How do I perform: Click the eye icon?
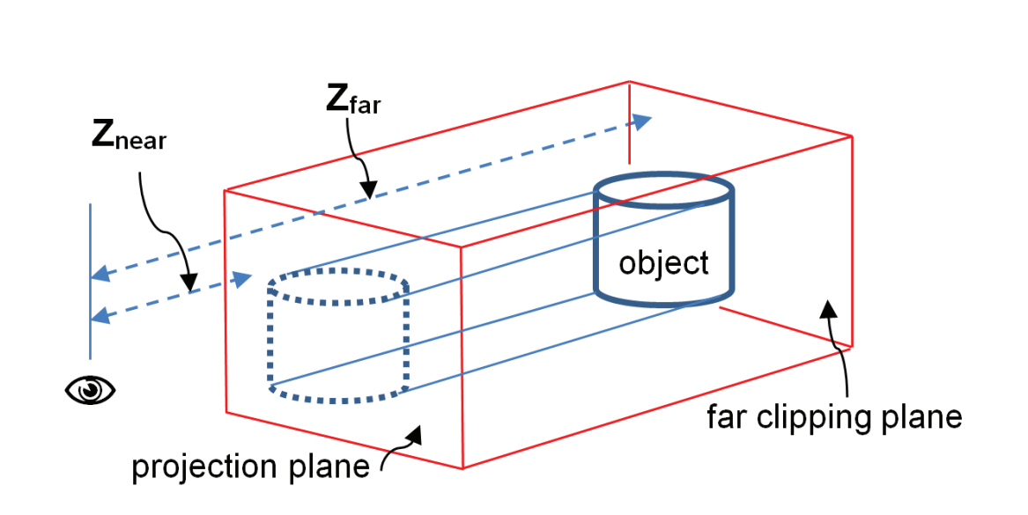click(x=91, y=389)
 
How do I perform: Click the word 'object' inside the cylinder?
click(x=663, y=262)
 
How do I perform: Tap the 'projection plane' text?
click(x=250, y=467)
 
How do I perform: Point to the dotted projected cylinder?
click(x=338, y=339)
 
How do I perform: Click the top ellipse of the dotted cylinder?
click(x=338, y=286)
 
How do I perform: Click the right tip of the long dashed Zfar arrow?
click(x=650, y=118)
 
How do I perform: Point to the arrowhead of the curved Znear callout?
click(x=189, y=283)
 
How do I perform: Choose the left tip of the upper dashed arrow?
click(x=96, y=276)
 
